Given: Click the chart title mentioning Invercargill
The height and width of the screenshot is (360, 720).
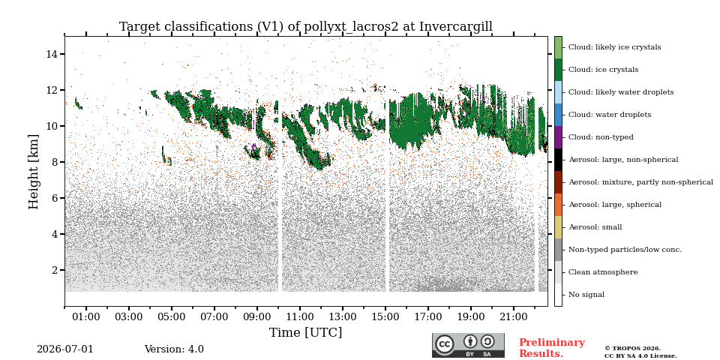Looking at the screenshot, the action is point(306,27).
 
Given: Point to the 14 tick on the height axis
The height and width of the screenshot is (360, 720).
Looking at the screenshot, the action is point(62,54).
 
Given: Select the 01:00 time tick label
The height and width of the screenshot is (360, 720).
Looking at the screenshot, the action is point(85,316).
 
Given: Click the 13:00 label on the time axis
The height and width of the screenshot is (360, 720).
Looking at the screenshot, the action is point(343,316).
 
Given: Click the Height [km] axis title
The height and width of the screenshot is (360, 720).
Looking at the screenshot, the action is point(34,172).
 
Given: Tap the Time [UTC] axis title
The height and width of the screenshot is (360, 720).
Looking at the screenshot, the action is point(306,332).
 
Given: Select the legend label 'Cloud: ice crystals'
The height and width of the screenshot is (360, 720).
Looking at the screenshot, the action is point(603,70).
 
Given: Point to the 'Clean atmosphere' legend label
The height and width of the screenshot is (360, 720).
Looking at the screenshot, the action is point(603,272).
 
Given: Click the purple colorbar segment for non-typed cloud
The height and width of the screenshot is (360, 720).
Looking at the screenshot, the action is point(558,137).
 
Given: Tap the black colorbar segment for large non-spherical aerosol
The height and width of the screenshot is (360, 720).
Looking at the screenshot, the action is point(558,160).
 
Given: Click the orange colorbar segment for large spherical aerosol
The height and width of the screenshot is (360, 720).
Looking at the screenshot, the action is point(558,205).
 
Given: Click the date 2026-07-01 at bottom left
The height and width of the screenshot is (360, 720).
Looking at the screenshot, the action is point(65,349).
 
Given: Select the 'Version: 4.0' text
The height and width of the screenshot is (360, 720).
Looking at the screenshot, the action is point(174,349).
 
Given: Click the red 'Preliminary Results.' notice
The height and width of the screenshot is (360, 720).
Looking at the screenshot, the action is point(552,348).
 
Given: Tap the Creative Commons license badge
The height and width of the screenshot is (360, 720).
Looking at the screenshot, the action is point(468,345).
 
